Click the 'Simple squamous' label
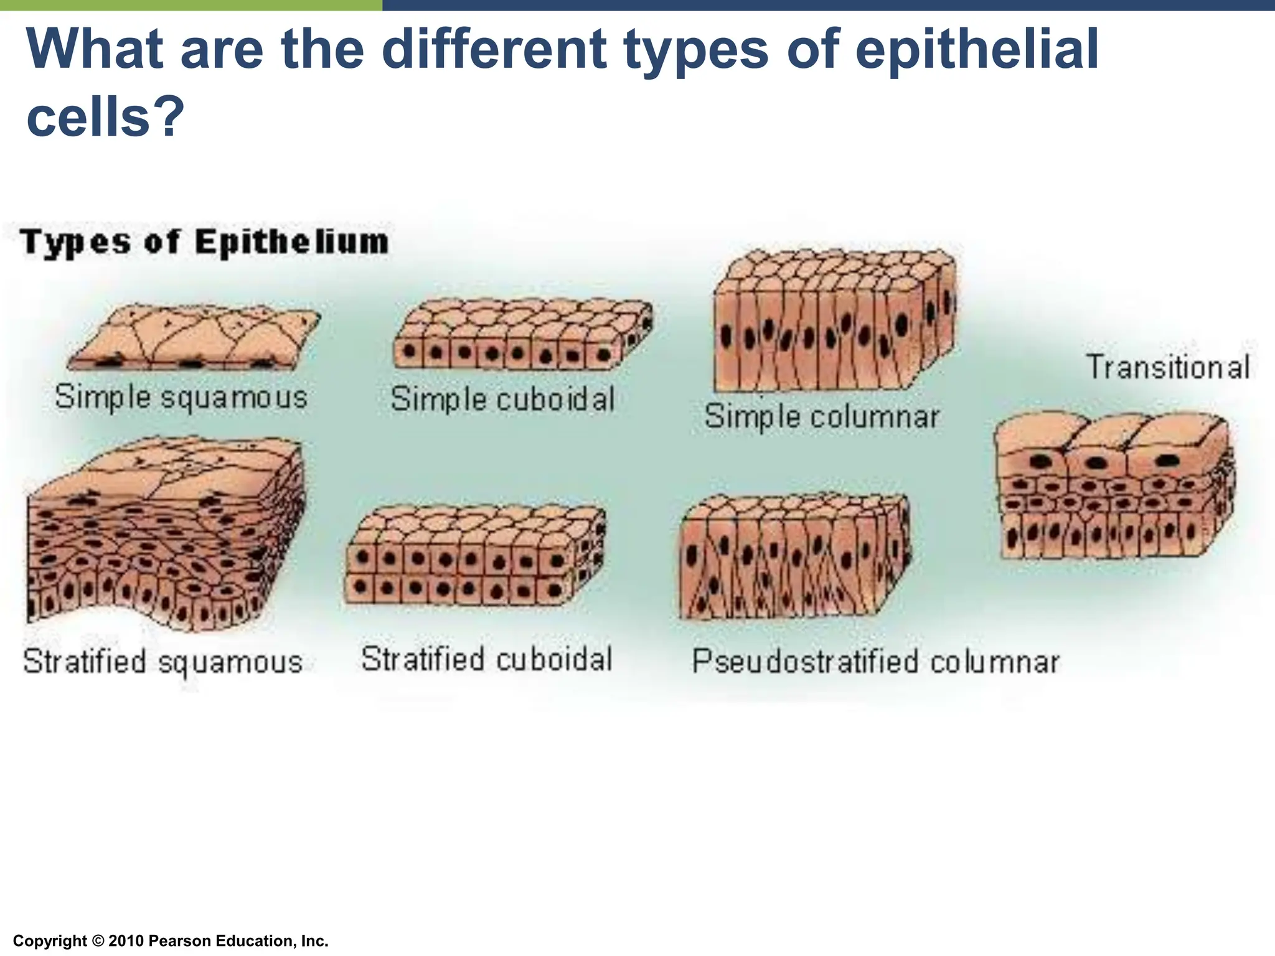click(181, 396)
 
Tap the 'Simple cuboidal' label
click(503, 399)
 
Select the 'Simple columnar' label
click(822, 416)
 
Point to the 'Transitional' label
click(1168, 367)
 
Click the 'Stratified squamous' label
click(162, 661)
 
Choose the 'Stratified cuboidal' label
click(487, 659)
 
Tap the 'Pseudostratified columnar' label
click(875, 661)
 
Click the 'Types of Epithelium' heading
click(205, 242)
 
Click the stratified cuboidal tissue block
click(474, 555)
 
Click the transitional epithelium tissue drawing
click(1114, 486)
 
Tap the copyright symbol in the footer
click(98, 941)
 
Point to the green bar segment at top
click(191, 5)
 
